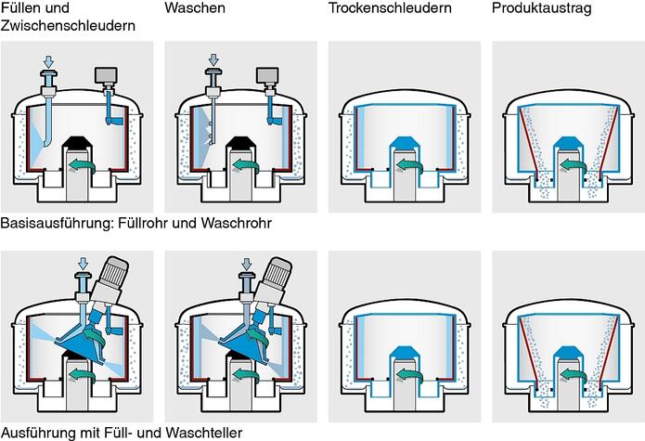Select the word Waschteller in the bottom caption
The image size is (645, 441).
[x=205, y=432]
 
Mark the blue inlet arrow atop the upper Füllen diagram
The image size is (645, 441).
[x=50, y=60]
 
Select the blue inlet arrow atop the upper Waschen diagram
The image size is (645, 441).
[x=213, y=60]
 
